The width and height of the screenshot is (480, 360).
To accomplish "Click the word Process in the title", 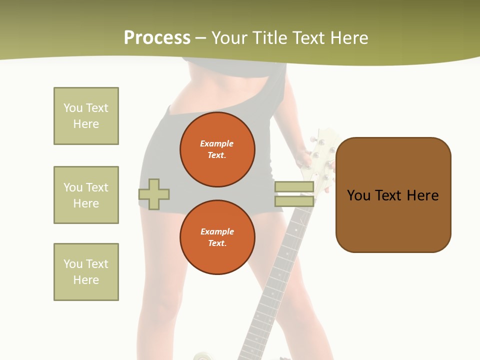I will click(157, 38).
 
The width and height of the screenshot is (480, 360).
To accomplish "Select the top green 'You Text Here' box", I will click(86, 116).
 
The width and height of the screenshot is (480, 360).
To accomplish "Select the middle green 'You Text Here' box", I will click(86, 195).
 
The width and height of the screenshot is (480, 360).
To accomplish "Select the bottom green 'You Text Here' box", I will click(86, 272).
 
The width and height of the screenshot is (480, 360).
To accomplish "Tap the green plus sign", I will click(154, 194).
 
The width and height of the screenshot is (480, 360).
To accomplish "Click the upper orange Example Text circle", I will click(217, 149).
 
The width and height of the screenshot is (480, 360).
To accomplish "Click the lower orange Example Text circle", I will click(217, 237).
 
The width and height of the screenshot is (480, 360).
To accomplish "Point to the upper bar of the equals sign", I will click(294, 187).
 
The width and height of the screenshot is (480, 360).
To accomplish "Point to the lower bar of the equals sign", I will click(294, 201).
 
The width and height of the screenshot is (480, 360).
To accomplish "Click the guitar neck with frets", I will click(280, 280).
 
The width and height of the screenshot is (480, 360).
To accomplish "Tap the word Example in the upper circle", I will click(217, 144).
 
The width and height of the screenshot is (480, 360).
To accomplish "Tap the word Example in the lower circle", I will click(217, 232).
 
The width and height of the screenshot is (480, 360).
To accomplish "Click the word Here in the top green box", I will click(86, 124).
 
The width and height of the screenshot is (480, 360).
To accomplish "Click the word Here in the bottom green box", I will click(86, 280).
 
